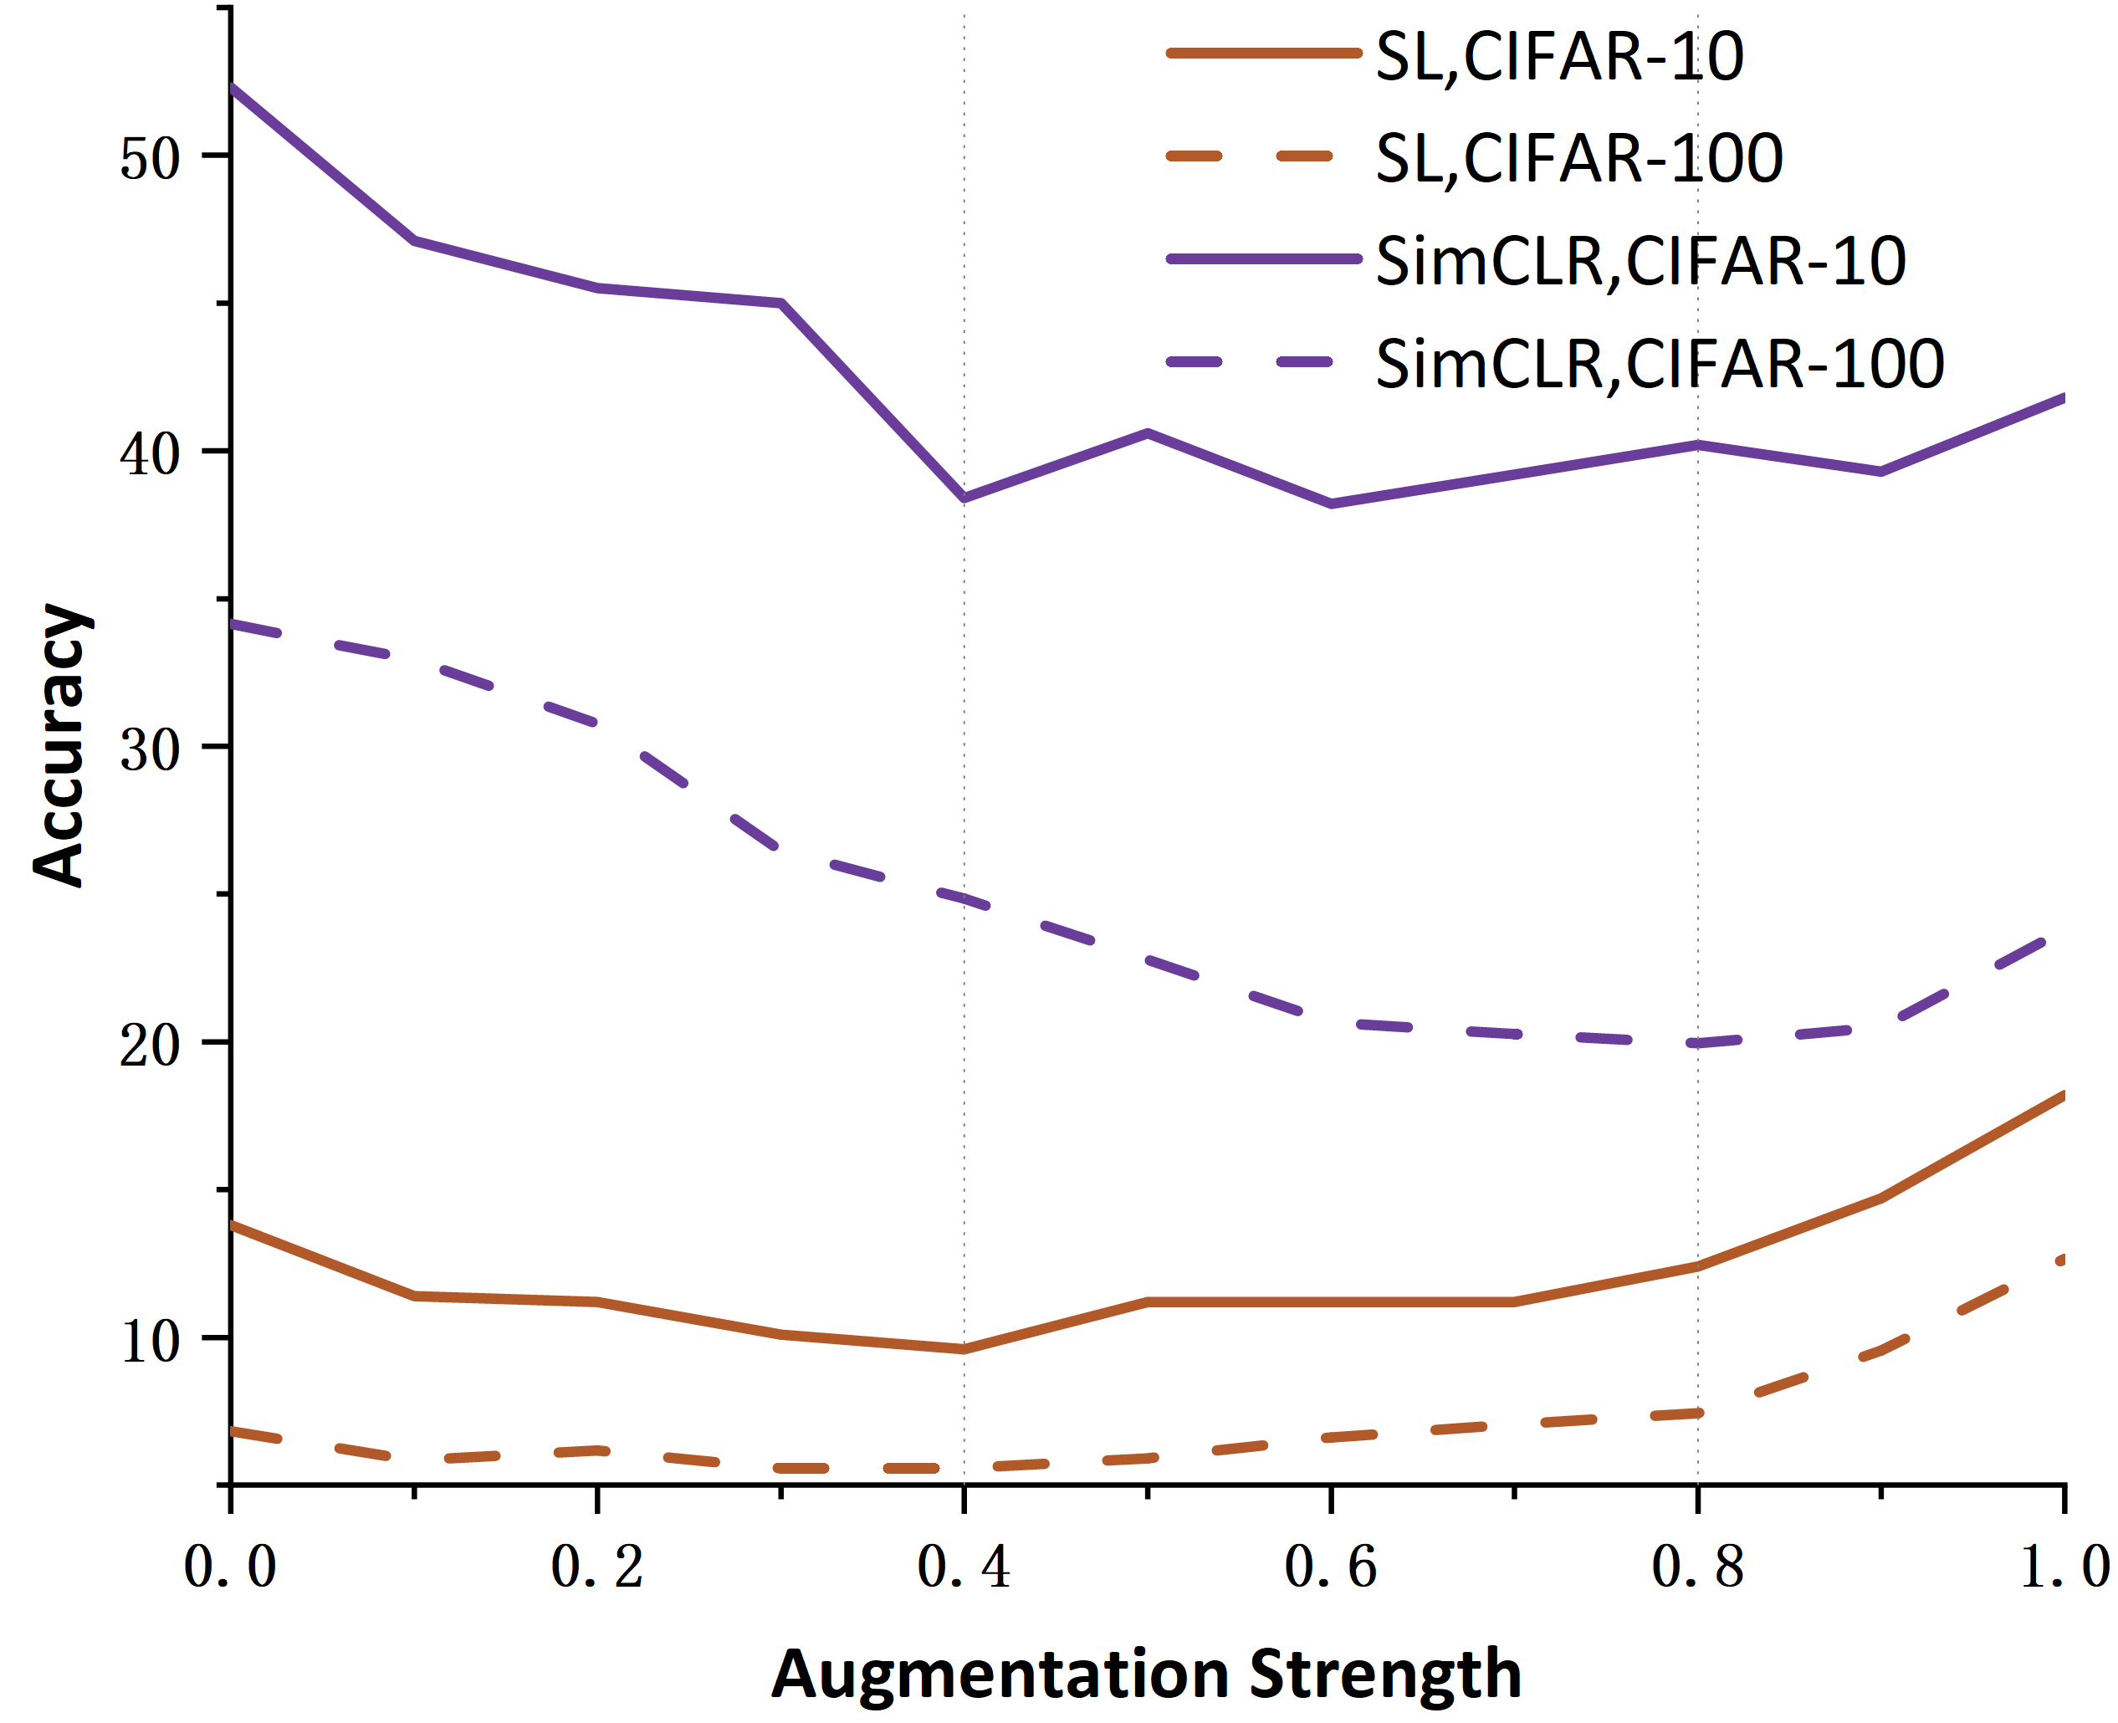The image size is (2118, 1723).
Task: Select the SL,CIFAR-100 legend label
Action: (1578, 159)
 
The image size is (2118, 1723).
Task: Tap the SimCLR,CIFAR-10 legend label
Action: (1640, 262)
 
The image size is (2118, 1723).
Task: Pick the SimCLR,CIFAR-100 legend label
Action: (1659, 364)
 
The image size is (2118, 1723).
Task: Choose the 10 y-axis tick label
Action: (150, 1341)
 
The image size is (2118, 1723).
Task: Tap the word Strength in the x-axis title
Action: (1384, 1675)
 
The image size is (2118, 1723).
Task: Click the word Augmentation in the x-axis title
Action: (1000, 1675)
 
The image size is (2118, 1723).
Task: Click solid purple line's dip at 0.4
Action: (964, 498)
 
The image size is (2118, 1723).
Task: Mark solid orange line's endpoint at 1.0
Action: (2063, 1096)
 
